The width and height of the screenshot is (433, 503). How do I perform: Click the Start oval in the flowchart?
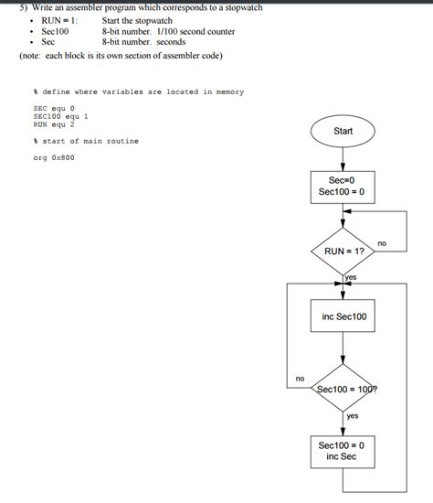343,132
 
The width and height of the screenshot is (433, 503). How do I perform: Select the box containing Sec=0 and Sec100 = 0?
343,187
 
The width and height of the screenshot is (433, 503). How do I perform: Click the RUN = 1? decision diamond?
343,250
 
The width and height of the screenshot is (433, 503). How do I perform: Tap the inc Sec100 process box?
343,316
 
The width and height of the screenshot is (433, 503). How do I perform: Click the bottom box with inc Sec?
343,450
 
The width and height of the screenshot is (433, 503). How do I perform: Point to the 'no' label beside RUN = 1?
382,243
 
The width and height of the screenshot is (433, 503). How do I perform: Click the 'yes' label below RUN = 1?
351,276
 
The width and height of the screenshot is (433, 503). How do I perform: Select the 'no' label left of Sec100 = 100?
299,378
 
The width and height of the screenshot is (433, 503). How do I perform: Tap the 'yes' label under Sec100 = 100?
353,416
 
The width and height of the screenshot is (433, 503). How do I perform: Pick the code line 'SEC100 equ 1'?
60,117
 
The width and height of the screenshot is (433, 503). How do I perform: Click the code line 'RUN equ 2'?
53,124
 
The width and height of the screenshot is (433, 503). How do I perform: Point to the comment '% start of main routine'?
85,141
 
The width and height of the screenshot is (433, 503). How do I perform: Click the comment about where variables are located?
138,92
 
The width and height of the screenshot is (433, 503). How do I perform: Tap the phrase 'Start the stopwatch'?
137,20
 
